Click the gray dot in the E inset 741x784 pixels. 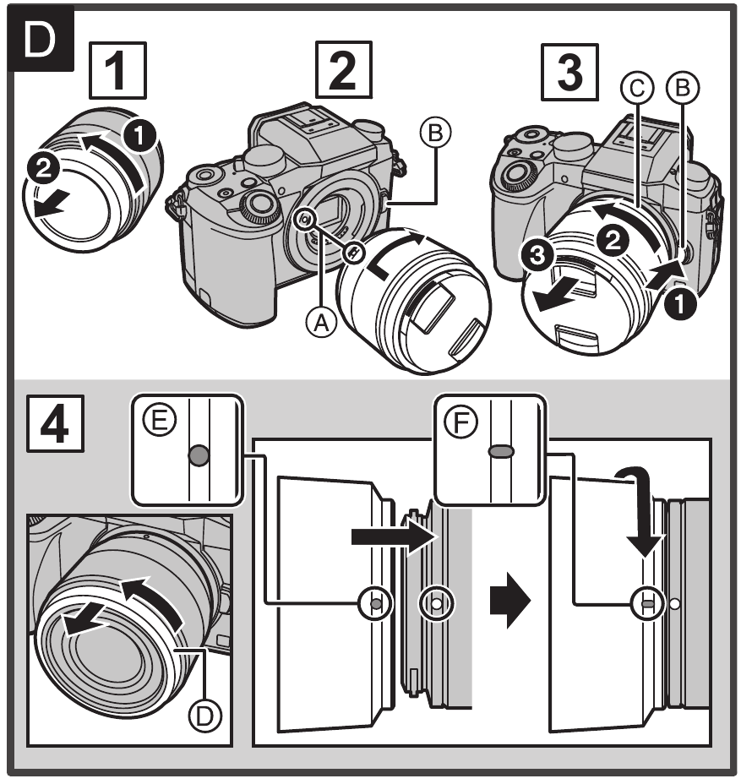(x=199, y=457)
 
